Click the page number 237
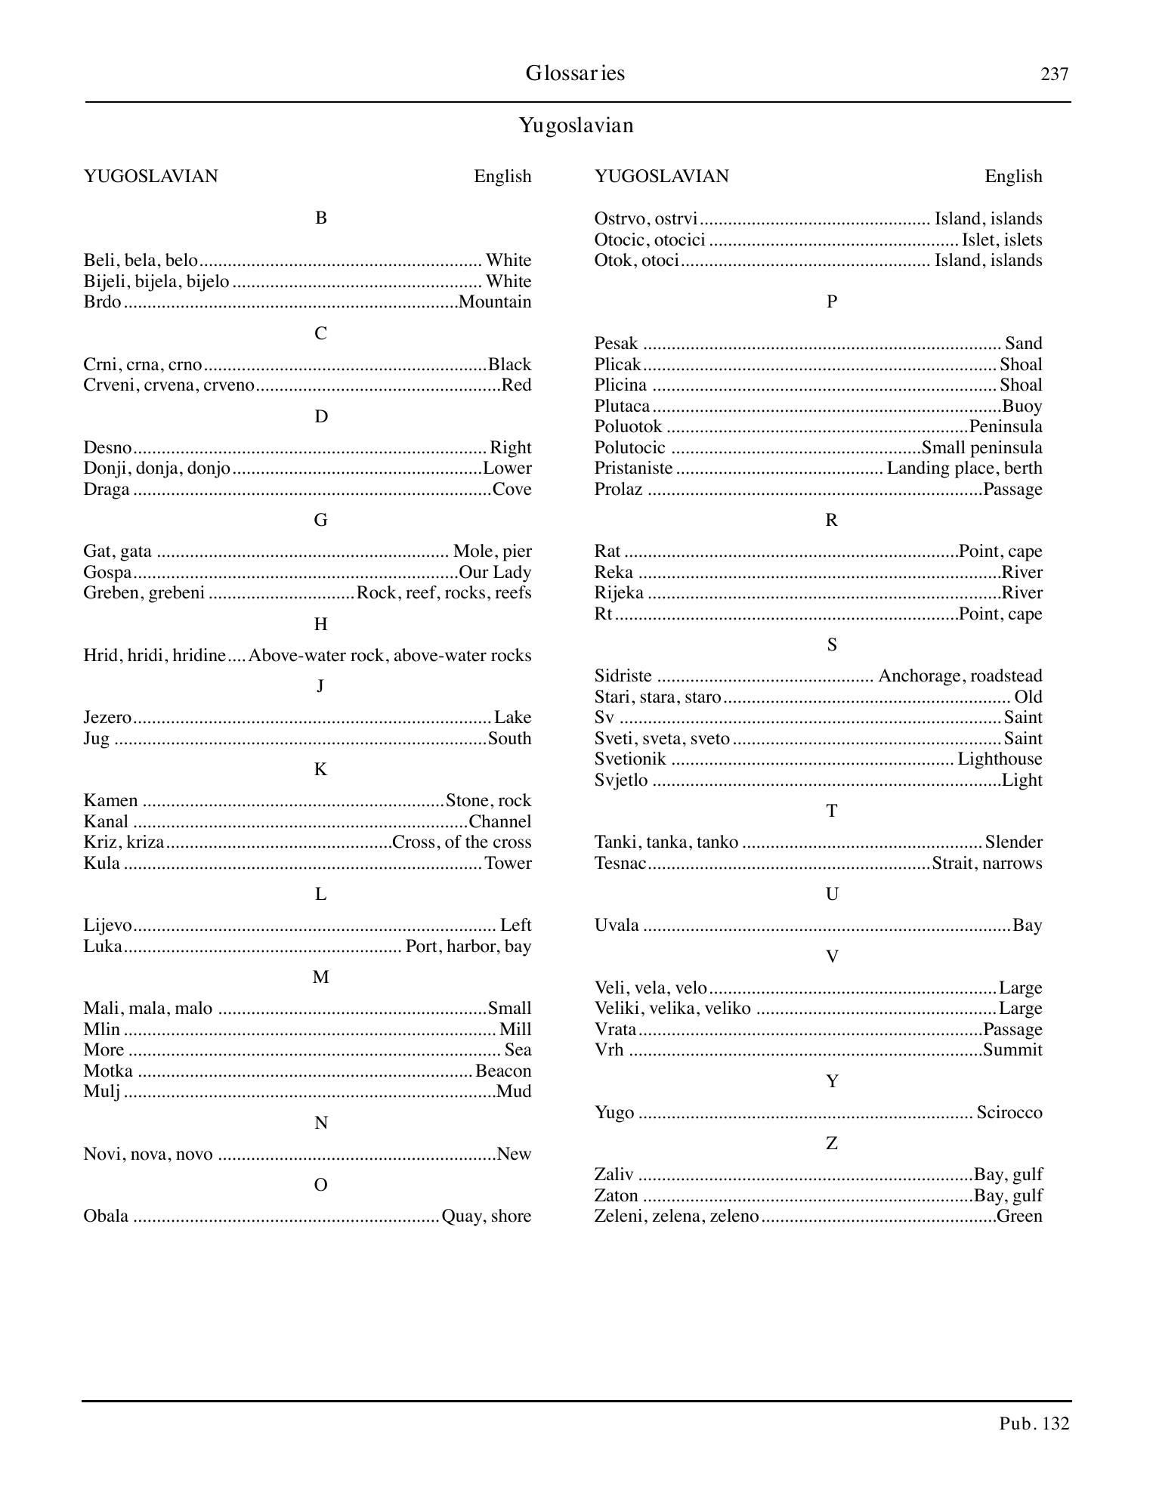1054,74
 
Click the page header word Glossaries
575,73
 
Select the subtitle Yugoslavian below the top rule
576,125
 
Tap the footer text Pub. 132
1034,1423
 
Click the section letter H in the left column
320,624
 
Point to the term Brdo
102,302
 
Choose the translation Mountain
496,302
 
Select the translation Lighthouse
1000,759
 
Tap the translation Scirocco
1009,1113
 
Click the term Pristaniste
633,468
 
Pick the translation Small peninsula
981,447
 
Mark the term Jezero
107,718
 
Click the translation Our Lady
495,573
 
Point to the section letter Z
831,1144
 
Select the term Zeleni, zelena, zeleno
676,1216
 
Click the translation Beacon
503,1071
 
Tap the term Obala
106,1216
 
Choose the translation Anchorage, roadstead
960,676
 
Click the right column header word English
1013,177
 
